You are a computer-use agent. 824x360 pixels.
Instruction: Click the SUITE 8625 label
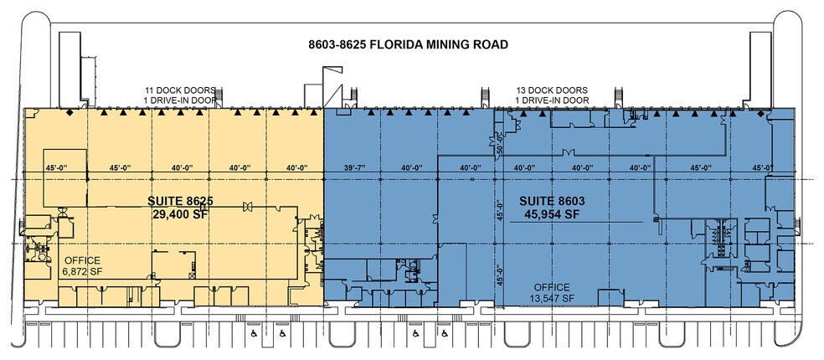(x=180, y=202)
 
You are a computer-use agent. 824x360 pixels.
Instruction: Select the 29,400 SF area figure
(x=180, y=214)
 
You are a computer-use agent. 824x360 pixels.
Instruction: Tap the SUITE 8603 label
(x=550, y=202)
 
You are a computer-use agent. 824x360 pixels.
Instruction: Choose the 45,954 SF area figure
(x=550, y=214)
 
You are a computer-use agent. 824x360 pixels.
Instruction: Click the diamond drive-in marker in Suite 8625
(x=71, y=111)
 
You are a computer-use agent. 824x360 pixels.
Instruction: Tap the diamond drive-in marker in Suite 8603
(x=760, y=111)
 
